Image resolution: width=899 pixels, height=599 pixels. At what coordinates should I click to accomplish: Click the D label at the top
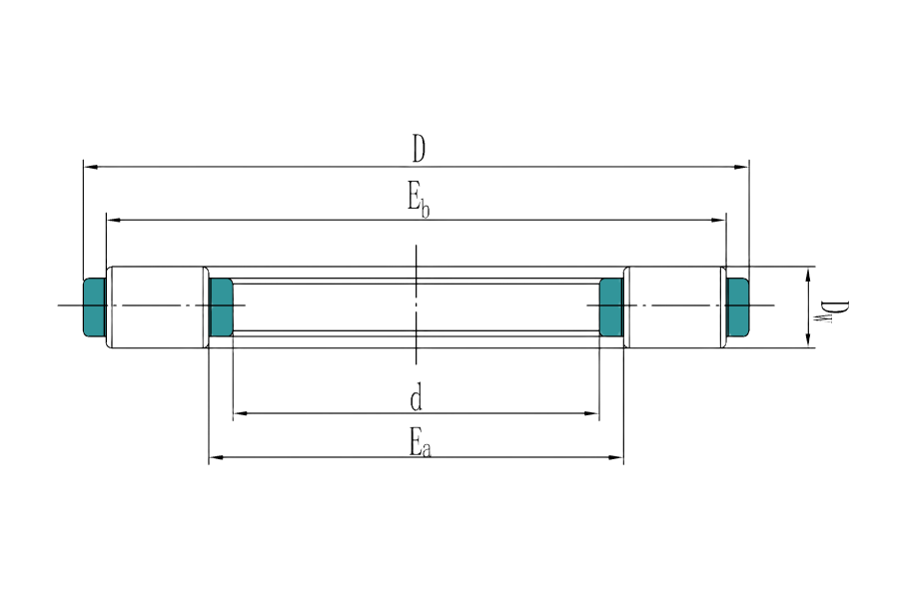point(419,149)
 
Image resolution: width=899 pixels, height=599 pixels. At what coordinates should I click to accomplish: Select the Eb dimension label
point(419,199)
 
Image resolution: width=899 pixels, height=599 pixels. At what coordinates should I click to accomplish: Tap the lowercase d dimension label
point(416,399)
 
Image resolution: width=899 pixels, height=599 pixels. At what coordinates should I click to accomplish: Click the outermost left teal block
point(94,305)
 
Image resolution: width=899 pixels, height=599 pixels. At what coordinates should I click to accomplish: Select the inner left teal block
point(221,305)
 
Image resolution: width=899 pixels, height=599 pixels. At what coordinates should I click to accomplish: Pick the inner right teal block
point(610,305)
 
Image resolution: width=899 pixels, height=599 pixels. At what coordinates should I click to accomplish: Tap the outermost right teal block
point(738,305)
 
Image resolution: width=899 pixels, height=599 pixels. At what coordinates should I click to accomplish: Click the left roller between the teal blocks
point(156,306)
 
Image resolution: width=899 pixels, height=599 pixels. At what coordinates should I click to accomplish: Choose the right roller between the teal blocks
point(675,306)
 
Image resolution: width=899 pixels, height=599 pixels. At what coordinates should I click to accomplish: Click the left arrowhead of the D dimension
point(87,167)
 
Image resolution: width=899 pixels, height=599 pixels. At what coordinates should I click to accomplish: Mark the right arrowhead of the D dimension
point(743,167)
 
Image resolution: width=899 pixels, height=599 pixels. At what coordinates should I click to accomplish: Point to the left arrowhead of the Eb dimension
point(111,219)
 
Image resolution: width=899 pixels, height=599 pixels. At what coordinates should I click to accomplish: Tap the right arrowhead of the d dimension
point(599,412)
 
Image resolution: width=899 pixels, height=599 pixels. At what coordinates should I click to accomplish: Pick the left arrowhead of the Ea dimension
point(213,458)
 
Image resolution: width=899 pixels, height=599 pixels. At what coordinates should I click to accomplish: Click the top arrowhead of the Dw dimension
point(806,274)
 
